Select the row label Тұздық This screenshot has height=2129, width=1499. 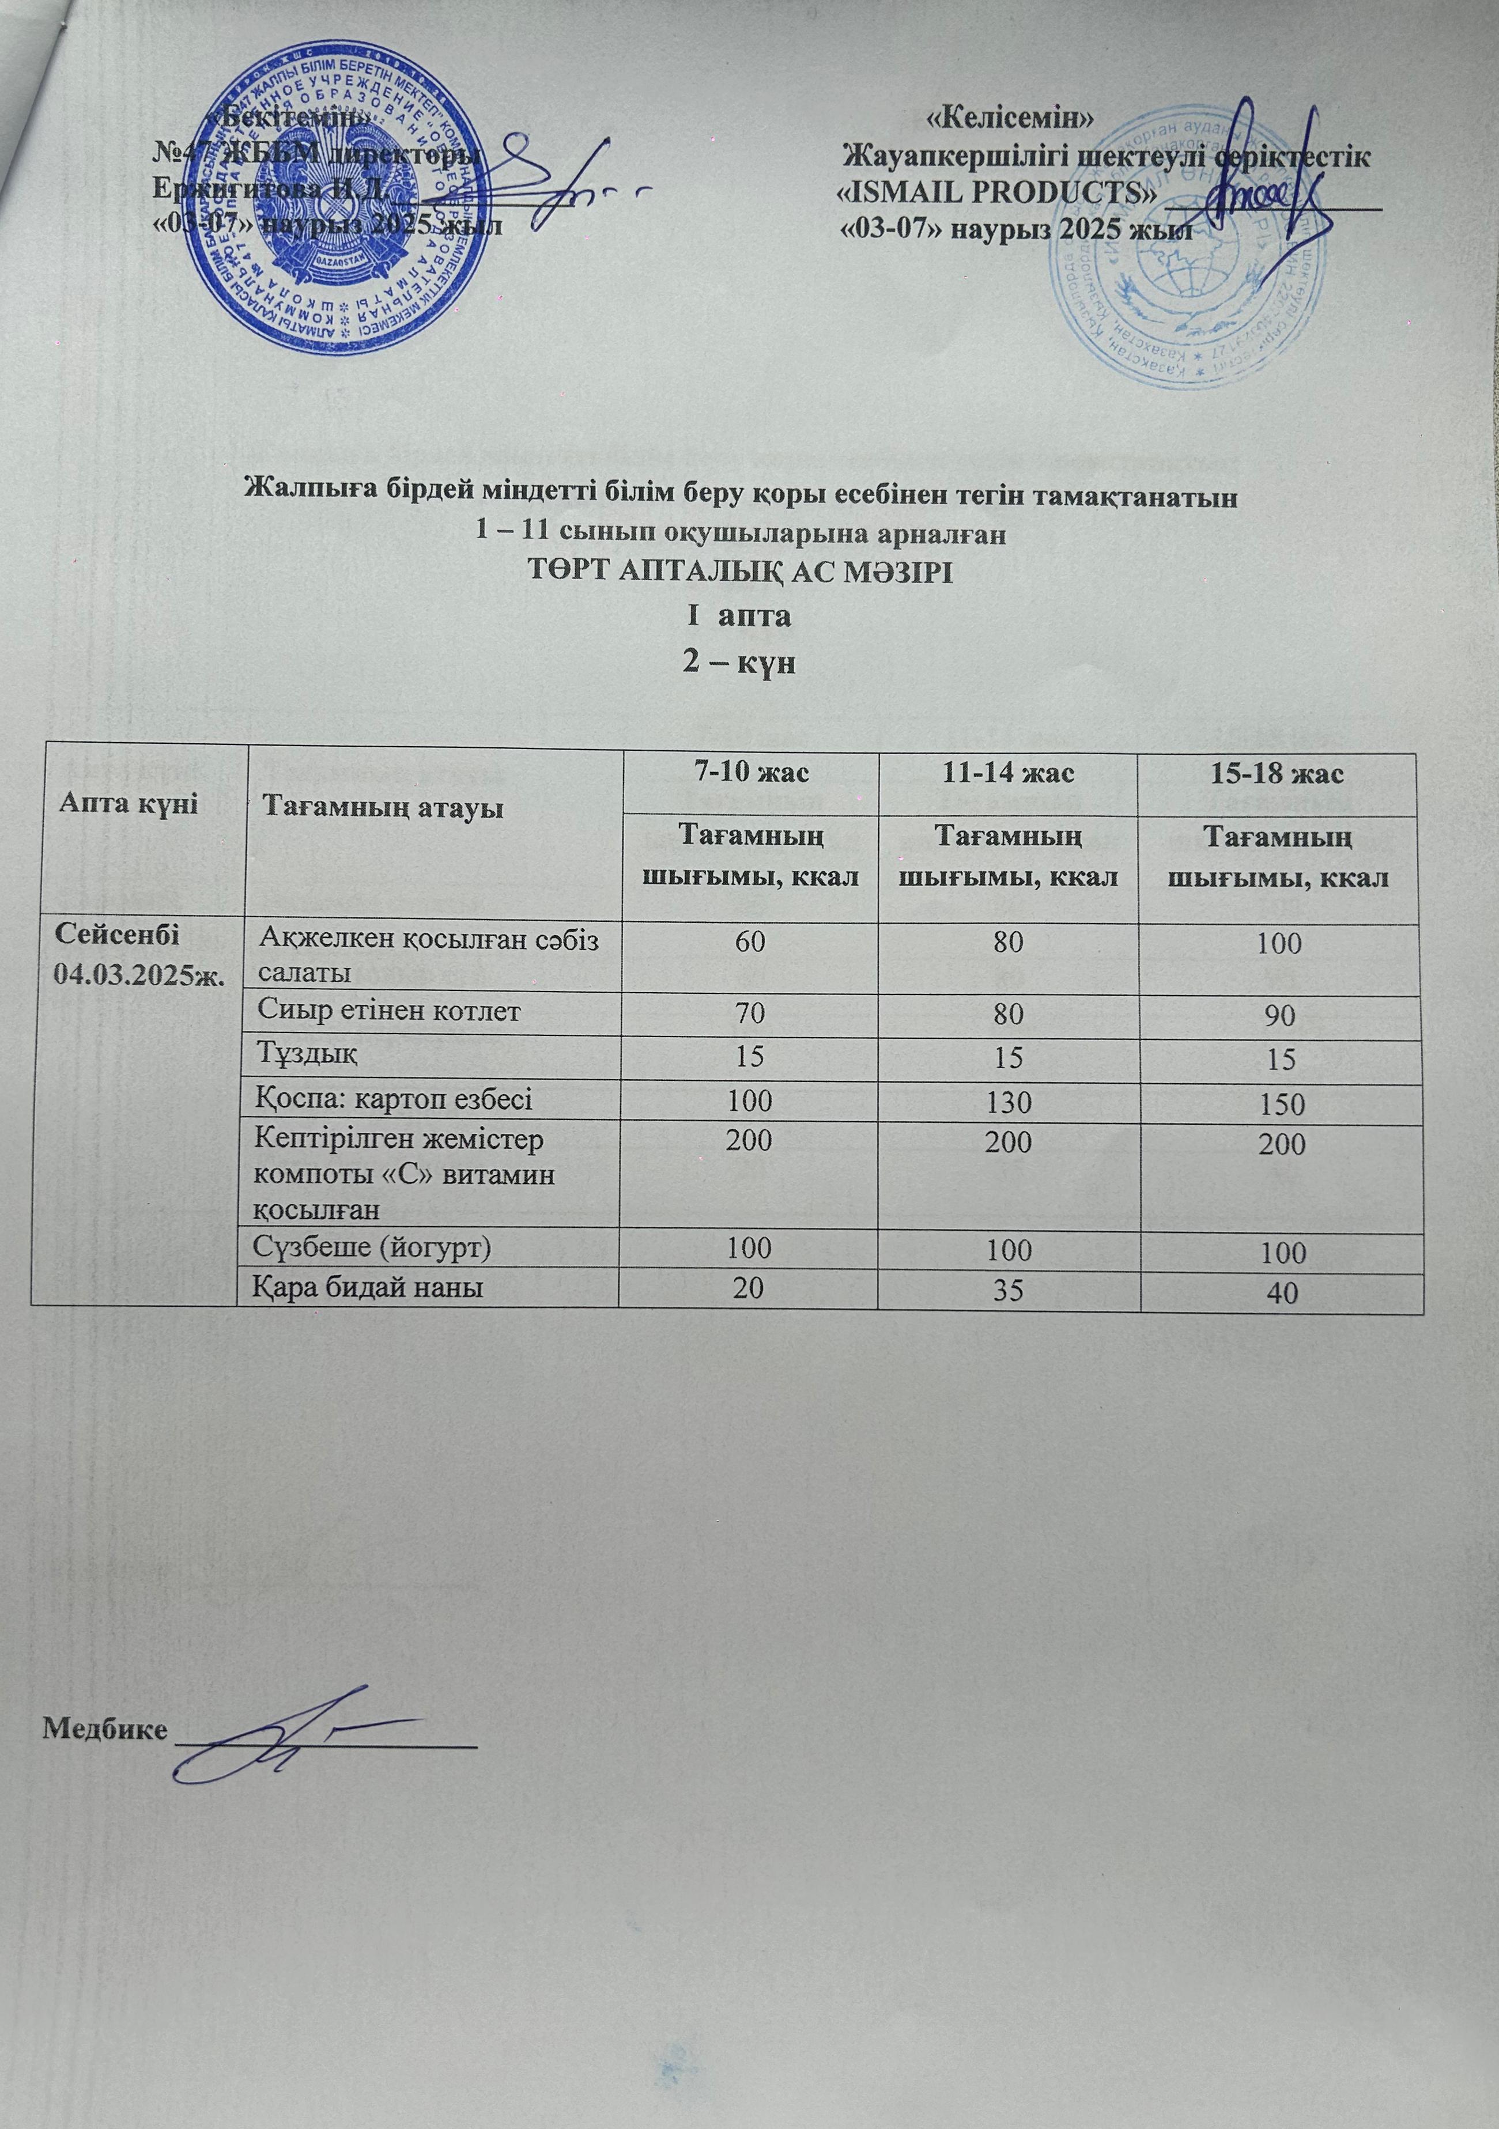(x=307, y=1055)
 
